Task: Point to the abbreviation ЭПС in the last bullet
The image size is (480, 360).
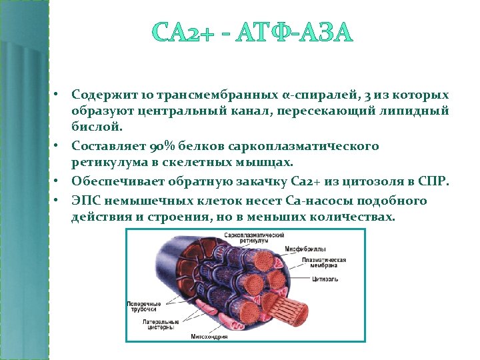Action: point(87,201)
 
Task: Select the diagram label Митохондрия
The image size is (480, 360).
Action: point(210,337)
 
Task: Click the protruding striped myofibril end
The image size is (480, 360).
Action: point(287,311)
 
